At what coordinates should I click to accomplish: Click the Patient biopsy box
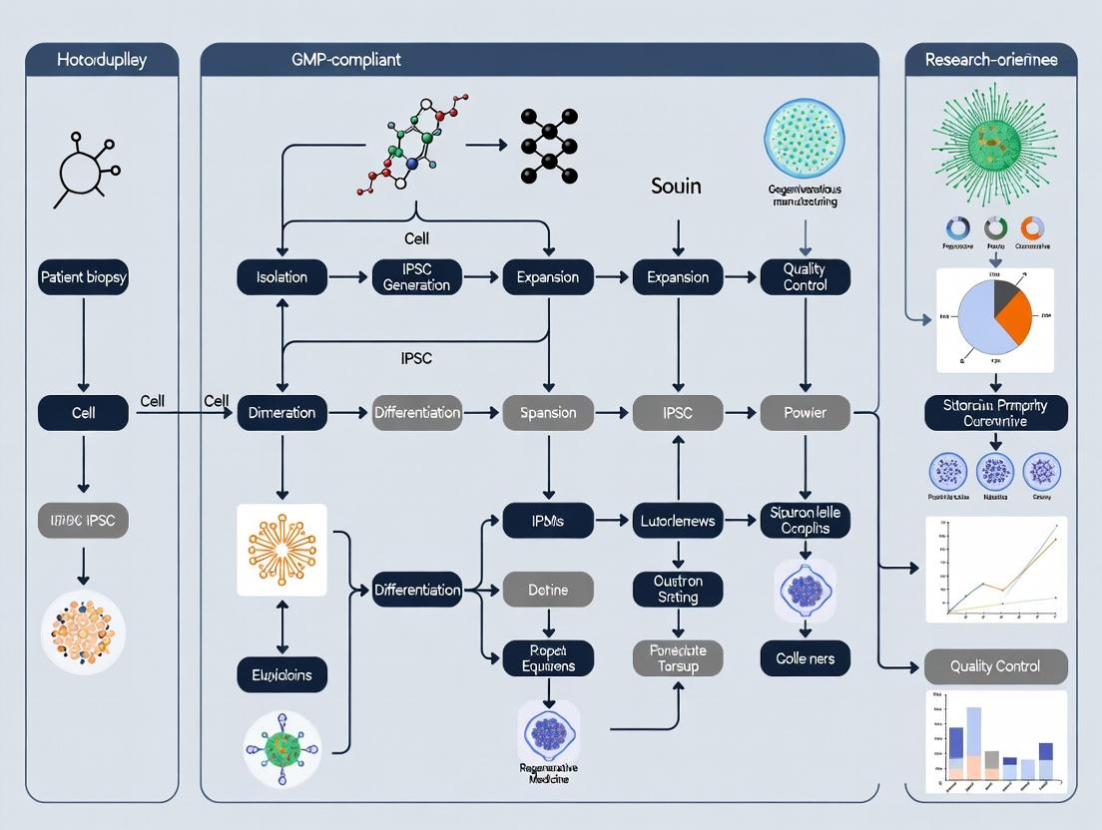pos(83,277)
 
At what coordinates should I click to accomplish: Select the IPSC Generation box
pos(416,277)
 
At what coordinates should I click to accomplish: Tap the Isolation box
pos(281,277)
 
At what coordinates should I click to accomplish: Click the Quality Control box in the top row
pos(805,277)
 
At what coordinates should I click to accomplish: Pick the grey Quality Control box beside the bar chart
pos(995,666)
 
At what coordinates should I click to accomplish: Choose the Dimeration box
pos(281,412)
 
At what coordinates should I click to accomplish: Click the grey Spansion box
pos(548,412)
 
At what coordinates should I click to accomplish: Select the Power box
pos(805,412)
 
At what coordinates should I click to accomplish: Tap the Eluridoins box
pos(281,675)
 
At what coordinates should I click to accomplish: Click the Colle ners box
pos(805,658)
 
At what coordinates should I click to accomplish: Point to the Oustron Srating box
pos(678,589)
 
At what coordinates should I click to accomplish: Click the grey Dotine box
pos(548,590)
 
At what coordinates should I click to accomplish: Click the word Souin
pos(676,187)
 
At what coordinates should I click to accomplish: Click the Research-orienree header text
pos(992,60)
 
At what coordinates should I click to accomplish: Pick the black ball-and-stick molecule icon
pos(548,146)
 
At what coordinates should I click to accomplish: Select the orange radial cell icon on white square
pos(281,551)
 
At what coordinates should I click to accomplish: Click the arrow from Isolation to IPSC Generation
pos(348,277)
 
